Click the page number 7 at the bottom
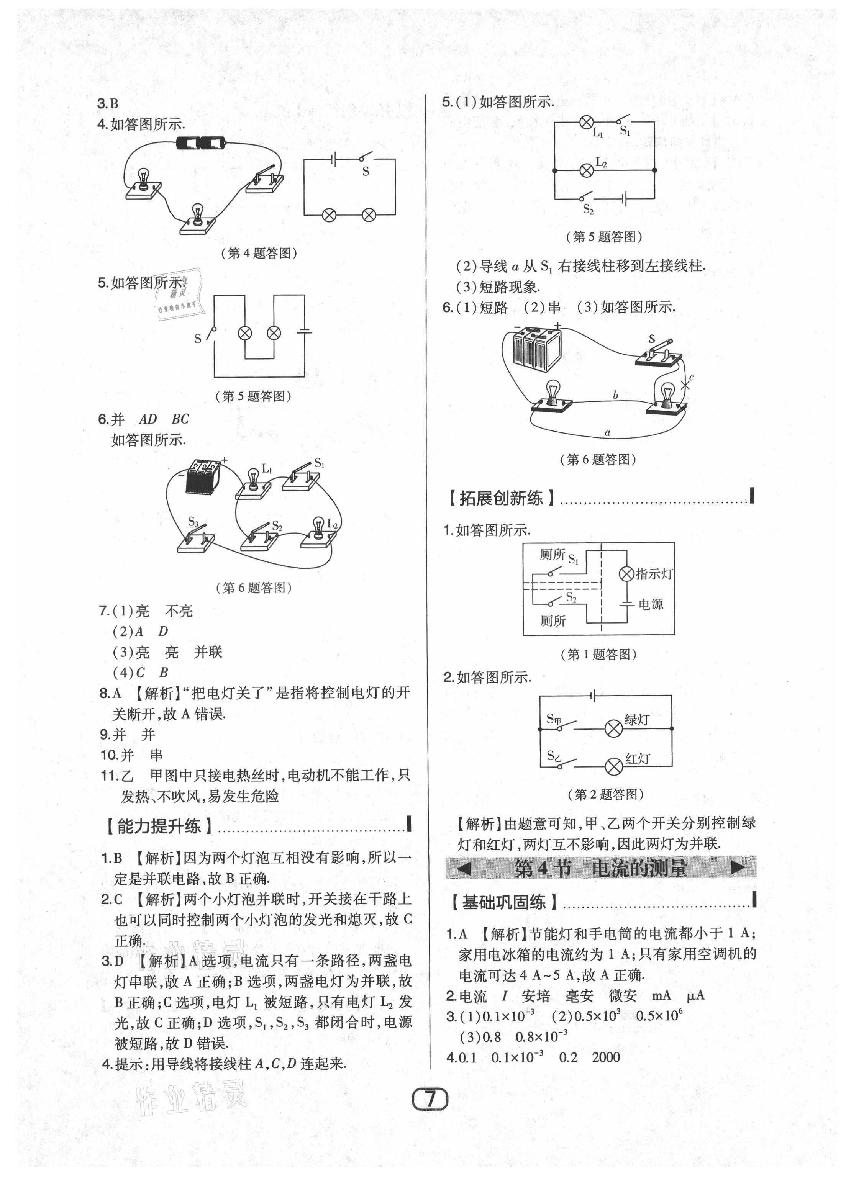pyautogui.click(x=430, y=1099)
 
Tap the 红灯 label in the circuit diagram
pyautogui.click(x=638, y=759)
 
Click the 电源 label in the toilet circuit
pyautogui.click(x=651, y=605)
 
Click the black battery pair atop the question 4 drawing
pyautogui.click(x=201, y=142)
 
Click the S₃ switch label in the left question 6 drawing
pyautogui.click(x=193, y=522)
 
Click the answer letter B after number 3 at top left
pyautogui.click(x=114, y=104)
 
